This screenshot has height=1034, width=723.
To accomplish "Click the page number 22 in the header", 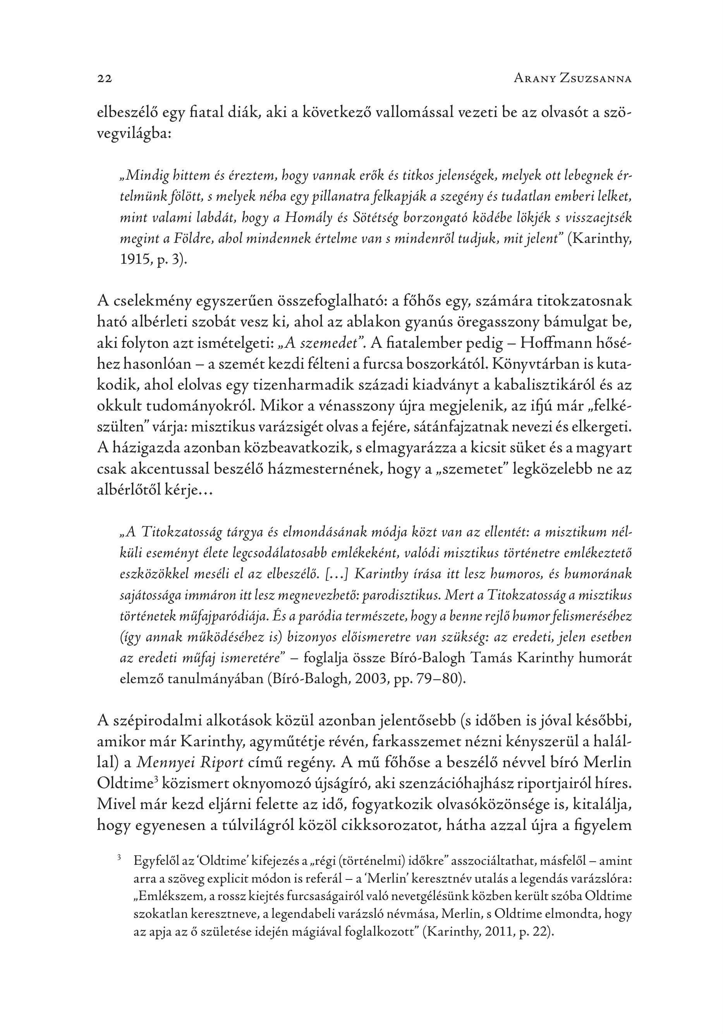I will (105, 79).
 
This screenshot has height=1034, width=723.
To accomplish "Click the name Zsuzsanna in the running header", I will (596, 79).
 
